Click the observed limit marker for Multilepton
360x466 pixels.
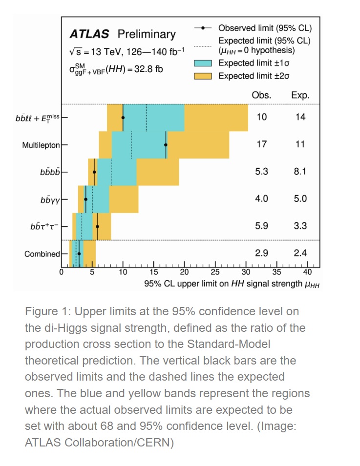point(166,144)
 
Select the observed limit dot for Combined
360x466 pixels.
point(79,254)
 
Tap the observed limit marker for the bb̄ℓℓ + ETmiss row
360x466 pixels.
point(123,118)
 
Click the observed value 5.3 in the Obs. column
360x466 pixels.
point(262,172)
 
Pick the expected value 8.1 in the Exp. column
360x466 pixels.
point(300,172)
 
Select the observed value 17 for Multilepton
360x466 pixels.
point(262,144)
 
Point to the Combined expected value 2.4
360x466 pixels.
point(300,254)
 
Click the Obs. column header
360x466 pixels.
point(262,96)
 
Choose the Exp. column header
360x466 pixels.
point(300,96)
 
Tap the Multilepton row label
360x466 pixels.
point(41,145)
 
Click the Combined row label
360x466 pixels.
point(42,254)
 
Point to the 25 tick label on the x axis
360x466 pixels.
point(215,272)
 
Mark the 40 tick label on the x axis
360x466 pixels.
point(308,272)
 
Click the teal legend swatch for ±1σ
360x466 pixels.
point(203,63)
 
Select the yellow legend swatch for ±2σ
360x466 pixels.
point(203,76)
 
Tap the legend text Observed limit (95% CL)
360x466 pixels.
point(265,28)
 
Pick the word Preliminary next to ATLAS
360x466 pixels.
point(146,34)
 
